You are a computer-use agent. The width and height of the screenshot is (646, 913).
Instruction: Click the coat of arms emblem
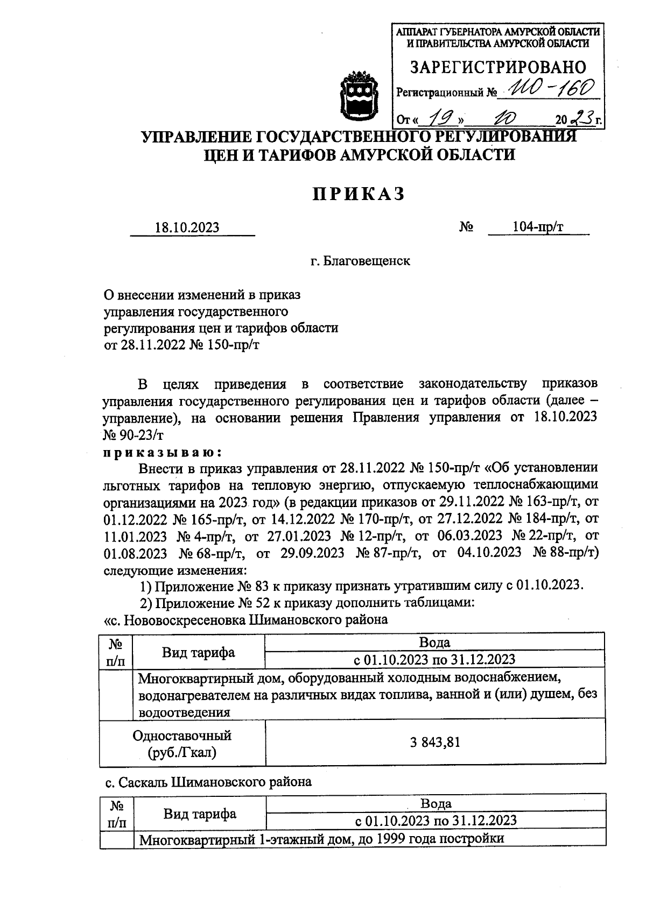click(x=358, y=94)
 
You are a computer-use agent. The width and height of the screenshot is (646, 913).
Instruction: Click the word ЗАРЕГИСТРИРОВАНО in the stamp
click(x=498, y=67)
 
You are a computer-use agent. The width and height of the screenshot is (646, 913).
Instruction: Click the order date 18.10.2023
click(x=187, y=227)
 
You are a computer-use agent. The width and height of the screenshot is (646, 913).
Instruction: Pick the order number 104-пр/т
click(x=538, y=227)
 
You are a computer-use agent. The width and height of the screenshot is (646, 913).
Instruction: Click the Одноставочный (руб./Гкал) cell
click(x=182, y=744)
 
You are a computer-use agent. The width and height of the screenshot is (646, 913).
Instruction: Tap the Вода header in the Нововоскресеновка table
click(x=434, y=642)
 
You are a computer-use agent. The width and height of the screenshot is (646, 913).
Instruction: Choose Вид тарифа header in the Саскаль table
click(x=200, y=814)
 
